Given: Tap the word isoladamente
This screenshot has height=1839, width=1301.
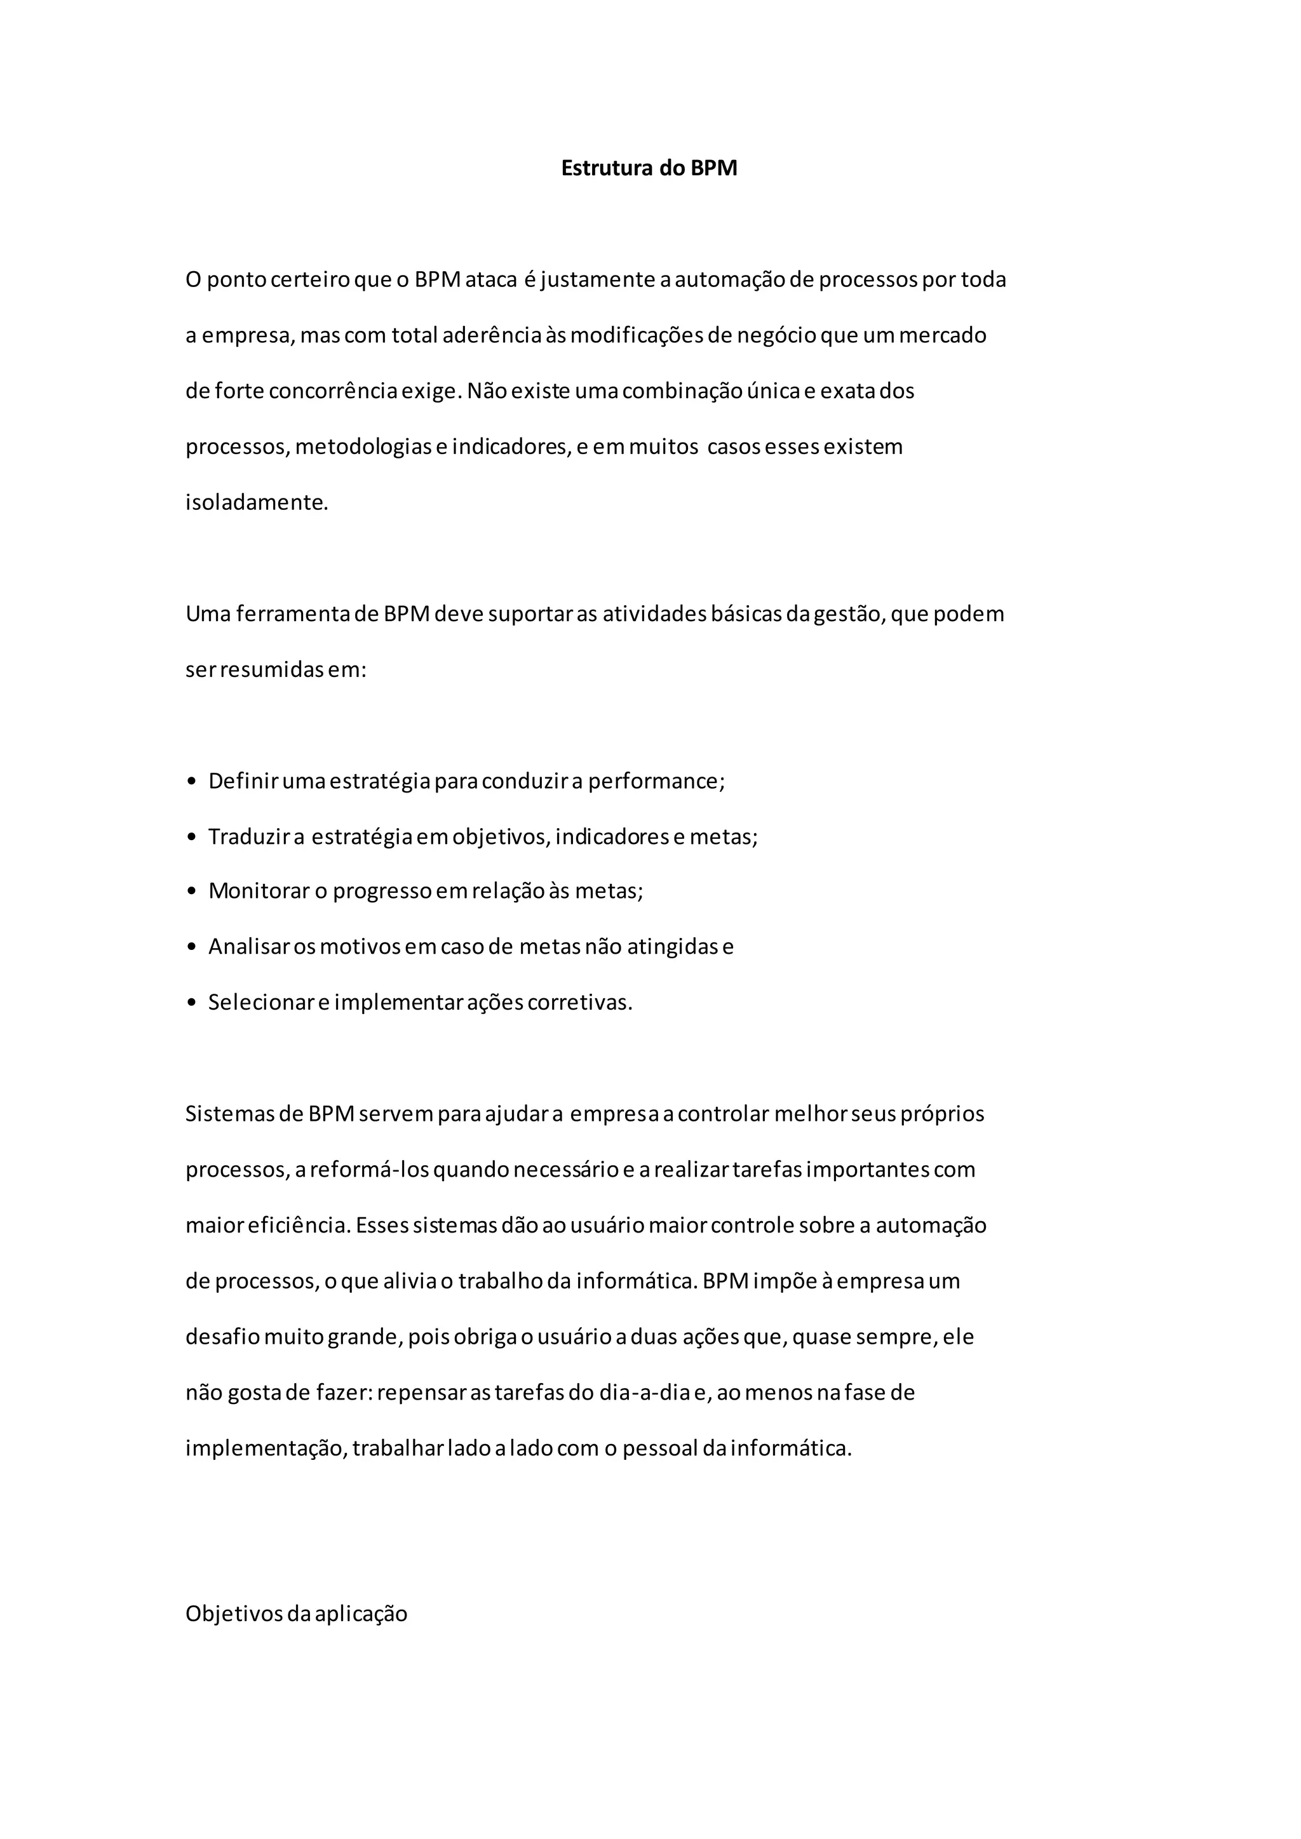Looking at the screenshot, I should point(257,503).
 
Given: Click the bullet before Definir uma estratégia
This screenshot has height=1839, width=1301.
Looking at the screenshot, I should point(191,782).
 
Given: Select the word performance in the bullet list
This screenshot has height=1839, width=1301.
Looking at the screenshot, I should point(656,782).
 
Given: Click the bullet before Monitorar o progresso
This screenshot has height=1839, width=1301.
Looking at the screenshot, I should point(191,892).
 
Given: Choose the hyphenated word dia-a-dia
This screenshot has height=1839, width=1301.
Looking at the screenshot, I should point(645,1392).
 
